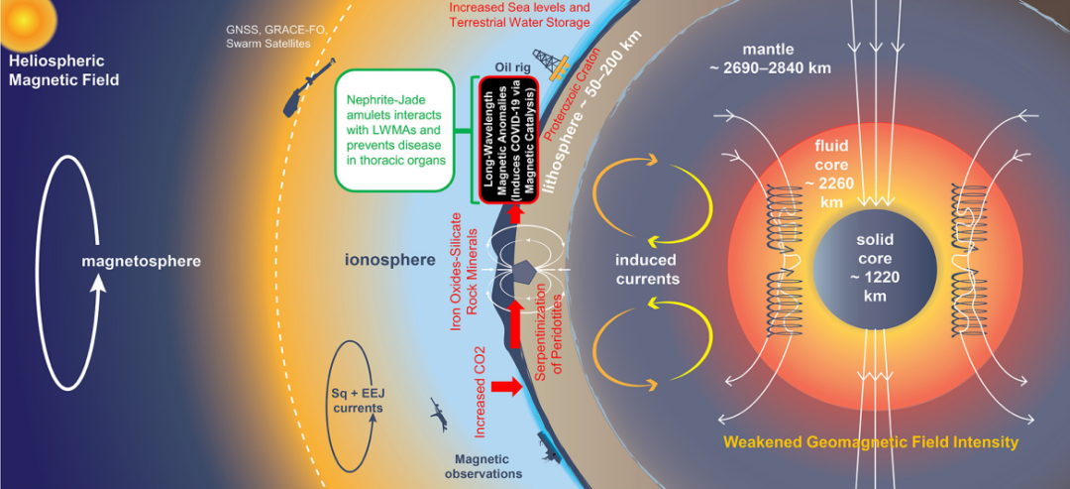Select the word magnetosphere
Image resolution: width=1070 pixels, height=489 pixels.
[141, 262]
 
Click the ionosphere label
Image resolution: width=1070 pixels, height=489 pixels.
[390, 262]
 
